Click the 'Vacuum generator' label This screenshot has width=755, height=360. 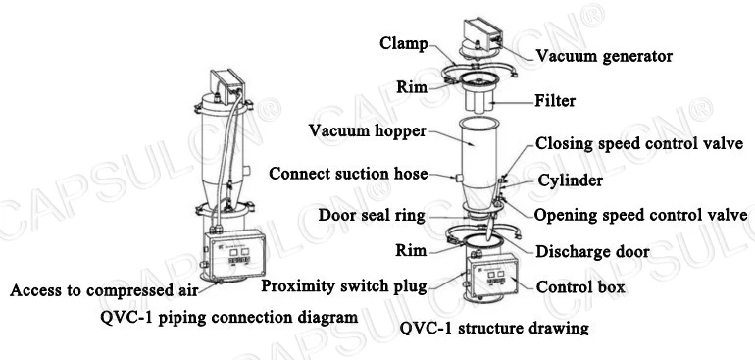pos(604,56)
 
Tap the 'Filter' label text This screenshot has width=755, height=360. pos(555,101)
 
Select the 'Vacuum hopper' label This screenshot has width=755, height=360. pos(368,130)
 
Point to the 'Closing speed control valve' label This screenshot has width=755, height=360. pos(639,143)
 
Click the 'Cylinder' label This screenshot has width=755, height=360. pos(570,180)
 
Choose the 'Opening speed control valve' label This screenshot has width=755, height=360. pos(640,215)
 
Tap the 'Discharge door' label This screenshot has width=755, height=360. pos(592,251)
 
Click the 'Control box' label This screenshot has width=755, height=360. pos(580,287)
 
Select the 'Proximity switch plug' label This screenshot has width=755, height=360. pos(344,286)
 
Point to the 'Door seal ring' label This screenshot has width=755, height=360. pos(372,215)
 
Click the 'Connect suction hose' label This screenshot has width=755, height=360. pos(348,173)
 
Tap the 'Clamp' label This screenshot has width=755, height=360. pos(404,43)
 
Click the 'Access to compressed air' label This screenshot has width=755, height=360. pos(104,290)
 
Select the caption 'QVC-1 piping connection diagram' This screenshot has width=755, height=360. pos(229,317)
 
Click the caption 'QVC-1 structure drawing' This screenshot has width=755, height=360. pos(494,329)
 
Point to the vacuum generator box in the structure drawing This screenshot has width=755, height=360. pos(481,33)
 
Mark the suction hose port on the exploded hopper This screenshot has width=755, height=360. pos(458,178)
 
